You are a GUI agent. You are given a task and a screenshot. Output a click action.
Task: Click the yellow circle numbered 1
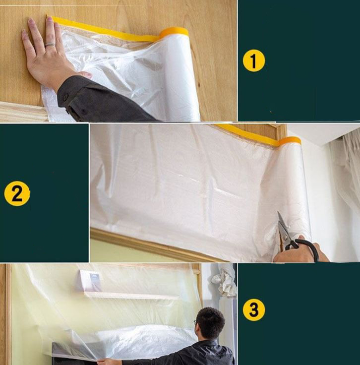(254, 61)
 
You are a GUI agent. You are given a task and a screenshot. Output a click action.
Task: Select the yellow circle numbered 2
(17, 194)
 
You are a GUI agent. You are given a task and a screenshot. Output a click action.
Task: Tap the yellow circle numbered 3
(254, 310)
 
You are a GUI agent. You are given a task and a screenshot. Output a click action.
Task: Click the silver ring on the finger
(50, 45)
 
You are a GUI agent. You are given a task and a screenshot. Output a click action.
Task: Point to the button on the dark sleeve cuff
(65, 96)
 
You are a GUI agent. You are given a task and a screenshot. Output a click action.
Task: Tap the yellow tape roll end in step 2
(290, 140)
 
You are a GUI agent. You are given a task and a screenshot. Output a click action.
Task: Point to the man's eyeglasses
(195, 323)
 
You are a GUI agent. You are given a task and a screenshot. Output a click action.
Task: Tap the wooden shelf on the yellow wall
(131, 295)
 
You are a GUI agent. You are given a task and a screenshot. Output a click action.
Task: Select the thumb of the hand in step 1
(85, 74)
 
